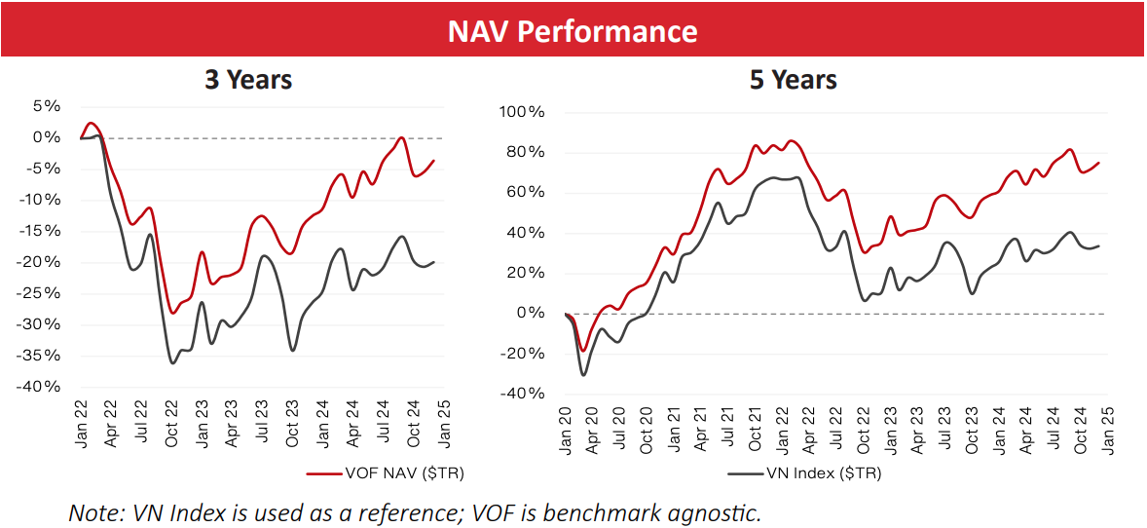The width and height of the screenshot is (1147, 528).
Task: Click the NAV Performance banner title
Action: pos(573,31)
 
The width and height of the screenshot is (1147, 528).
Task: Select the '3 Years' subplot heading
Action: pos(248,80)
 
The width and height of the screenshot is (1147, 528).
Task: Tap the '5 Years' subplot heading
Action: pos(793,80)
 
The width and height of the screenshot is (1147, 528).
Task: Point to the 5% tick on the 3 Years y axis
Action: pos(45,106)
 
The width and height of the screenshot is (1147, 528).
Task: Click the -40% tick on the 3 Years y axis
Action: pos(41,387)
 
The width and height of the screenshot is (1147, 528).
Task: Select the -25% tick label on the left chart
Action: pos(41,293)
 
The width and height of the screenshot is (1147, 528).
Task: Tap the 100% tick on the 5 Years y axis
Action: pos(522,112)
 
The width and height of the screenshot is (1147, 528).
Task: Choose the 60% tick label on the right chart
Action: pos(526,193)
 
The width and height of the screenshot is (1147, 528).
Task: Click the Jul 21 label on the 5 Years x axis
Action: pos(721,430)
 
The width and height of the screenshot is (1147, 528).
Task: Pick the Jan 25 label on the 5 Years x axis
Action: pos(1105,430)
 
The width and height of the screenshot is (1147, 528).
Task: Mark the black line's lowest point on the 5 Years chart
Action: pos(583,375)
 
